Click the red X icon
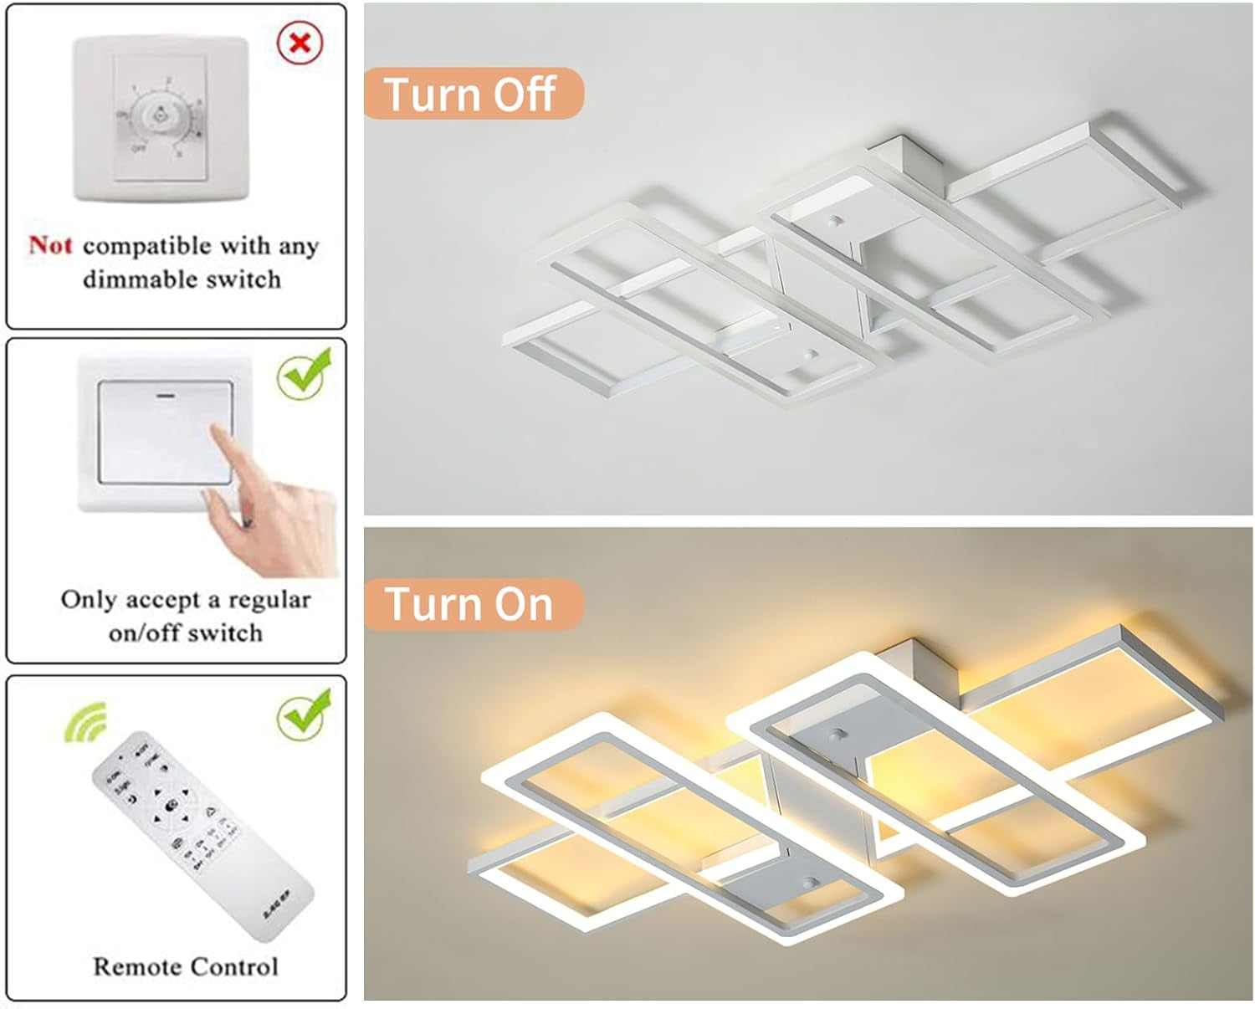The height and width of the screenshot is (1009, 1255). (x=300, y=43)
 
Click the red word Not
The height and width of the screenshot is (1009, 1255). (x=50, y=245)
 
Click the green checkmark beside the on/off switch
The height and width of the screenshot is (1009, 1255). (x=303, y=376)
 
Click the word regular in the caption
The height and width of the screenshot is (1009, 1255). (x=269, y=599)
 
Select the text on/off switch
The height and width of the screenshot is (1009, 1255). (x=185, y=633)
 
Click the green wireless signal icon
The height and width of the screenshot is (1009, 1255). (x=87, y=721)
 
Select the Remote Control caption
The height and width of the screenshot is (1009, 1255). (x=185, y=966)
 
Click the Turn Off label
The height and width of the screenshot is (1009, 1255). (x=470, y=94)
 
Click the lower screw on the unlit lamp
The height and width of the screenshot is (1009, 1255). (x=809, y=355)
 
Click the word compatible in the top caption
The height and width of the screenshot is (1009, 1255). (x=147, y=245)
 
